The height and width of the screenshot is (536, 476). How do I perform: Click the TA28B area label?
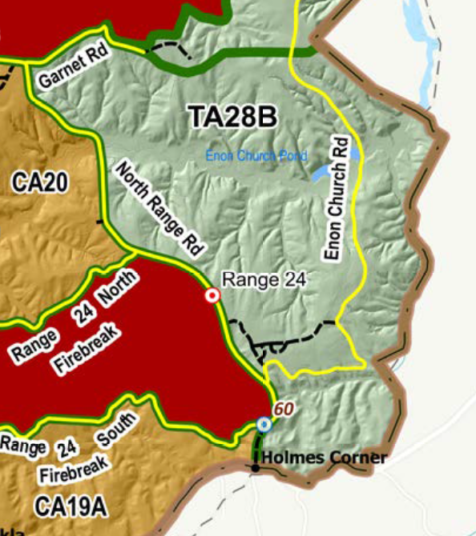[233, 117]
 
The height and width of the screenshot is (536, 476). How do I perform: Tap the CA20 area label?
[40, 182]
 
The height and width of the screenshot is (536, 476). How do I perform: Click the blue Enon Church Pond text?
[256, 156]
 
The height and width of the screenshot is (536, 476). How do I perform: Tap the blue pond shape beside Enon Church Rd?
[320, 173]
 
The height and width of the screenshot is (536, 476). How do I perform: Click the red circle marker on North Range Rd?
[212, 296]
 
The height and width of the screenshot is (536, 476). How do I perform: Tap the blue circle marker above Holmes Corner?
[264, 425]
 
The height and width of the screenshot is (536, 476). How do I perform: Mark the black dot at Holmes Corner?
[256, 466]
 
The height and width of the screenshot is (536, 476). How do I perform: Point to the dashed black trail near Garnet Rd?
[170, 48]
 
